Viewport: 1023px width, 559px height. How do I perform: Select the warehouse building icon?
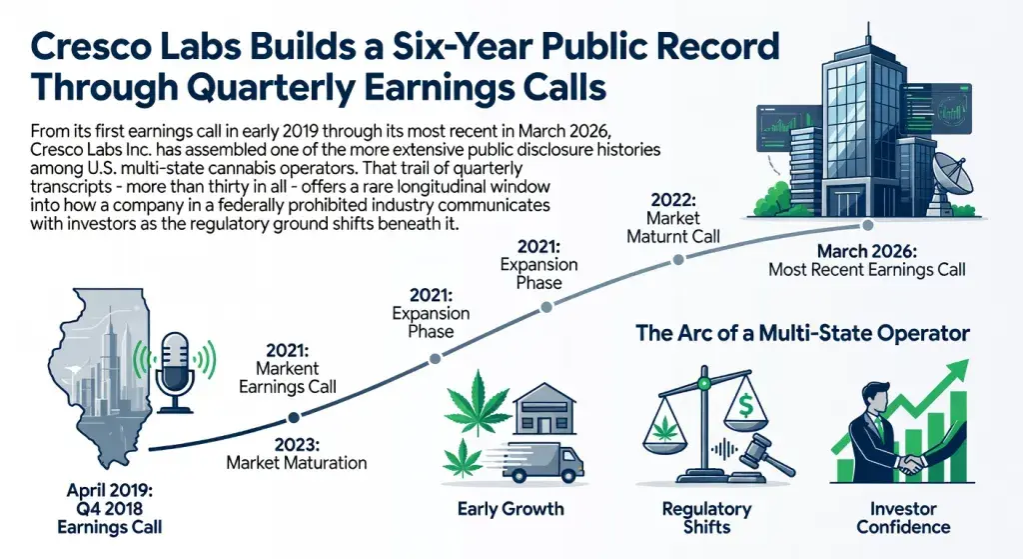543,407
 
